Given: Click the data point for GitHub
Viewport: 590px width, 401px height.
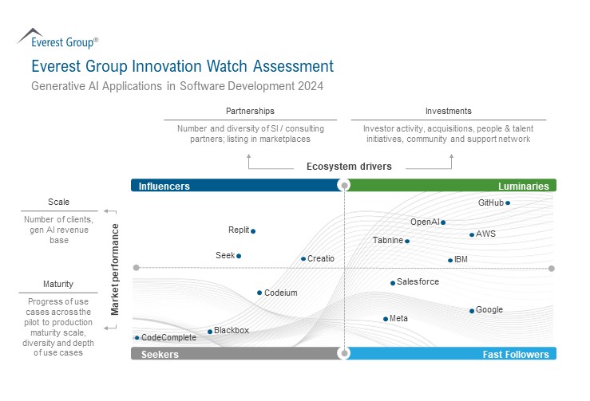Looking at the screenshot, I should click(508, 202).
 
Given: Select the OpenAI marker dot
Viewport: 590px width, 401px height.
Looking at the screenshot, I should click(443, 222).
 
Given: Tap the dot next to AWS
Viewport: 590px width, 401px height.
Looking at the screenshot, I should click(472, 234).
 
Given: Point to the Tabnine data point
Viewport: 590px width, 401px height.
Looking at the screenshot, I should click(407, 241).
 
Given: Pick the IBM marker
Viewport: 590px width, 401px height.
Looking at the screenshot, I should click(450, 260).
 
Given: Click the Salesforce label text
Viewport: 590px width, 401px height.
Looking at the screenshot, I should click(418, 282).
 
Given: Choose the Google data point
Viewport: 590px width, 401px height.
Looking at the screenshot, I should click(472, 311).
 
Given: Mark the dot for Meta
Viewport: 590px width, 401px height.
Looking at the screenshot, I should click(386, 319).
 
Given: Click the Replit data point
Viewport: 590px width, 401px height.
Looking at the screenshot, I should click(253, 231).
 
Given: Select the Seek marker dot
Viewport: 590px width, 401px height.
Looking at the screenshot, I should click(239, 256).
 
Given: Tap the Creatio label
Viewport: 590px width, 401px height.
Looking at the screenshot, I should click(321, 258).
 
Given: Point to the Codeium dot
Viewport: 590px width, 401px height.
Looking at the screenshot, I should click(259, 293).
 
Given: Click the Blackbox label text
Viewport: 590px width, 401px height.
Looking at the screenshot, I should click(232, 330).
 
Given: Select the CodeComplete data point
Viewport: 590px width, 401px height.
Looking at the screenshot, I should click(137, 338).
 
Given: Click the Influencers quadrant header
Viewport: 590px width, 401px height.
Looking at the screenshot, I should click(164, 186).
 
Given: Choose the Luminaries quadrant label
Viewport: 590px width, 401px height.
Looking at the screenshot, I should click(524, 186).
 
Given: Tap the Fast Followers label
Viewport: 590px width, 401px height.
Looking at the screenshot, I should click(516, 354).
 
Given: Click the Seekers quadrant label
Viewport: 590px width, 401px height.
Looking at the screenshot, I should click(160, 354).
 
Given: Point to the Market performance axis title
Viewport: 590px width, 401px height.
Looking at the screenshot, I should click(115, 269).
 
